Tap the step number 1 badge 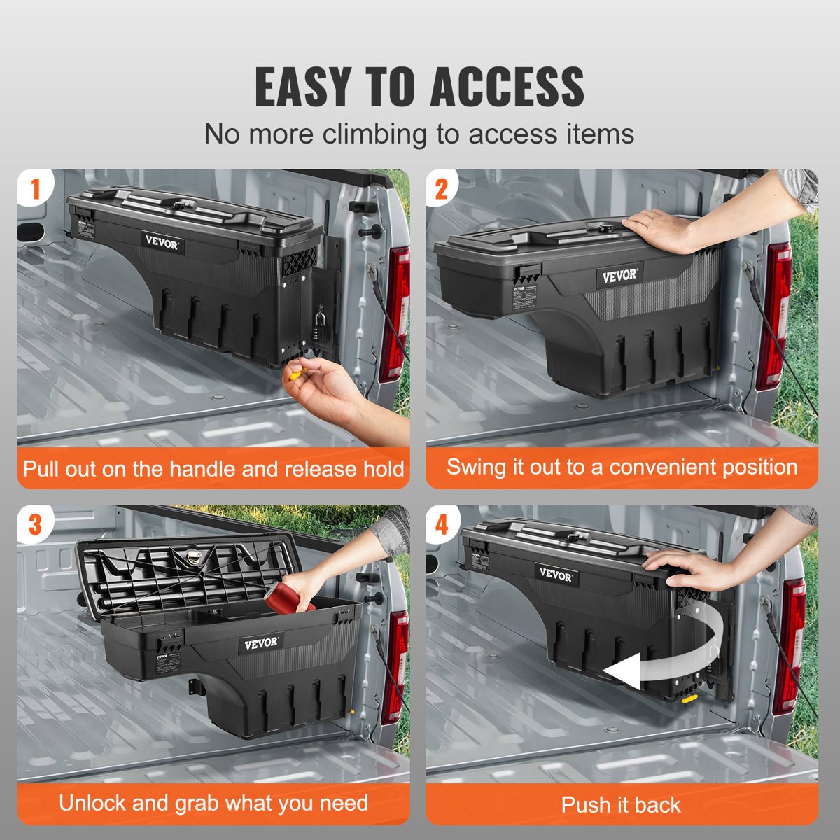pyautogui.click(x=34, y=188)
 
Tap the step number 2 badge pyautogui.click(x=442, y=188)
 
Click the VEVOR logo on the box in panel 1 pyautogui.click(x=162, y=243)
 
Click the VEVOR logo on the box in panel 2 pyautogui.click(x=619, y=275)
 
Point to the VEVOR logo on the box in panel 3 pyautogui.click(x=260, y=643)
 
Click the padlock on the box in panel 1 pyautogui.click(x=320, y=326)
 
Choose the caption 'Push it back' pyautogui.click(x=621, y=805)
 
